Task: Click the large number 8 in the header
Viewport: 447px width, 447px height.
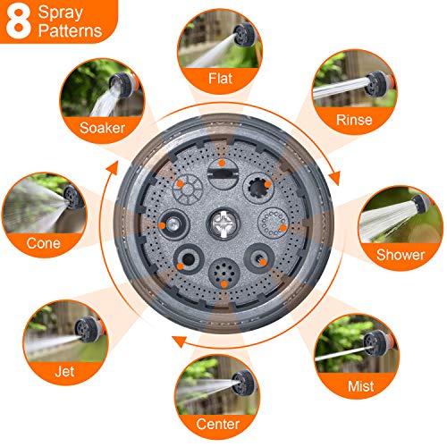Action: click(18, 22)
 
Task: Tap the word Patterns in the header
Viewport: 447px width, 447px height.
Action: click(71, 32)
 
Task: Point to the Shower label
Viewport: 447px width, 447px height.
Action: click(400, 255)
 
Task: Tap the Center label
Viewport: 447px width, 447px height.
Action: click(219, 423)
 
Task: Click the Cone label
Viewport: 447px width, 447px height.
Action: click(41, 241)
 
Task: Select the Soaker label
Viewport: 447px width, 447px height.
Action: click(100, 128)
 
